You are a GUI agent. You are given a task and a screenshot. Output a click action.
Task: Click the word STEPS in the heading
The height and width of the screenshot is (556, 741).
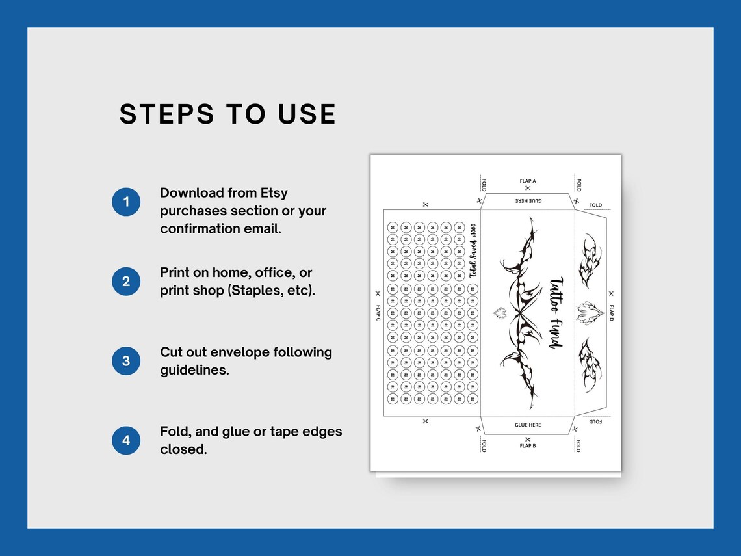[167, 114]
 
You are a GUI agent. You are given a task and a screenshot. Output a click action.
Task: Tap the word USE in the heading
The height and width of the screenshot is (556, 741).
[307, 114]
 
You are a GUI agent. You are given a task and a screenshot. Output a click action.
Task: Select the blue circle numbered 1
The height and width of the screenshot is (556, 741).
[126, 202]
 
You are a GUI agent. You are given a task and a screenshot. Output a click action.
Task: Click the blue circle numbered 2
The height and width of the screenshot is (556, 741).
[126, 282]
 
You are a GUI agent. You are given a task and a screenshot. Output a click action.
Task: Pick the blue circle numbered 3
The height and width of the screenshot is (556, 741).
[126, 361]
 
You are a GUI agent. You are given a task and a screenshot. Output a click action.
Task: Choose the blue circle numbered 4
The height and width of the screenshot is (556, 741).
[126, 440]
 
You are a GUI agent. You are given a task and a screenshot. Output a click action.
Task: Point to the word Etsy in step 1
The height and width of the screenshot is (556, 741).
[274, 193]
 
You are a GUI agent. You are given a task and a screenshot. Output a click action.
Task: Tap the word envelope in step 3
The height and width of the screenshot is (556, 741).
[242, 352]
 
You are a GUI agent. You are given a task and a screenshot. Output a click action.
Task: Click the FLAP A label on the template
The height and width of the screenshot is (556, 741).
[528, 181]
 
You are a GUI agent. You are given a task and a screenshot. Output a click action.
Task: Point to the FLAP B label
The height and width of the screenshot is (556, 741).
[528, 446]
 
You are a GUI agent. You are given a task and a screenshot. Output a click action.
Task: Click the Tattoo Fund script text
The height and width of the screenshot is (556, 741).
[556, 313]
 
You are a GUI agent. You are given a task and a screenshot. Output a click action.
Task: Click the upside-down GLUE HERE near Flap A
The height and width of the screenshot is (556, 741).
[528, 201]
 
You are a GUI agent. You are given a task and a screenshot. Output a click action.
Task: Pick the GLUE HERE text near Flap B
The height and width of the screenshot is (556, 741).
[528, 425]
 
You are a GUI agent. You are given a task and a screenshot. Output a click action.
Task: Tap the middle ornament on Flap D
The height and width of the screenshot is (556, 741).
[591, 313]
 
